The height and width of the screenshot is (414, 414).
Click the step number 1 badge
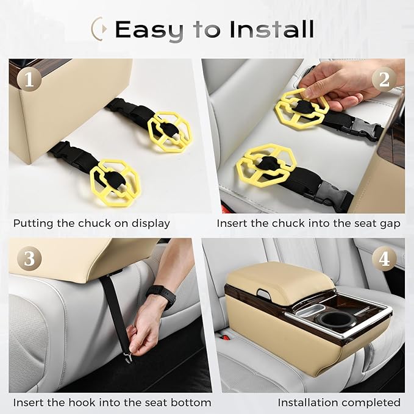pos(29,79)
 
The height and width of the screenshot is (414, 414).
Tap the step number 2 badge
pos(384,79)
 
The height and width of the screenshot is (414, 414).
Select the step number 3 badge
pos(29,259)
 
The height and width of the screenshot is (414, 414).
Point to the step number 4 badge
pos(384,259)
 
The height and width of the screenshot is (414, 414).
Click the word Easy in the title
pos(150,30)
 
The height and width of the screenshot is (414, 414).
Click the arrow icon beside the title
pos(99,29)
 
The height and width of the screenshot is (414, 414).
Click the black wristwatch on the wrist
pos(163,296)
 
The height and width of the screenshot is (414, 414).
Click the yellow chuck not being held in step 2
pos(266,166)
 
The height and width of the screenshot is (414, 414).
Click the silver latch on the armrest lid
pos(263,294)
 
